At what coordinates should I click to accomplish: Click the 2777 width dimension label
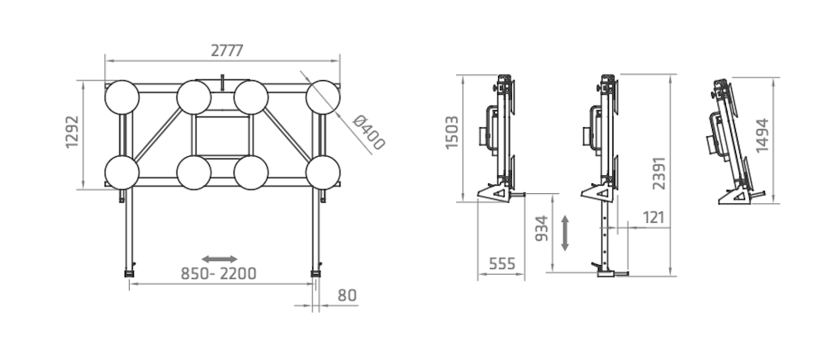coord(227,50)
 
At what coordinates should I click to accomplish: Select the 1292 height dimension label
coord(72,132)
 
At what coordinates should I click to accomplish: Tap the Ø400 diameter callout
coord(368,132)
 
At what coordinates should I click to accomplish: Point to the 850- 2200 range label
coord(219,273)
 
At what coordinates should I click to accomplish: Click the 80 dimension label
coord(347,296)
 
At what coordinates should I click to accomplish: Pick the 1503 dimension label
coord(452,132)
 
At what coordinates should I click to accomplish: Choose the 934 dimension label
coord(542,229)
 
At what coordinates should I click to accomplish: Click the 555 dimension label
coord(502,263)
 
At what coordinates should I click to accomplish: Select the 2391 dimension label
coord(659,173)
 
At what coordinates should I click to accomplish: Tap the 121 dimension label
coord(653,217)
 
